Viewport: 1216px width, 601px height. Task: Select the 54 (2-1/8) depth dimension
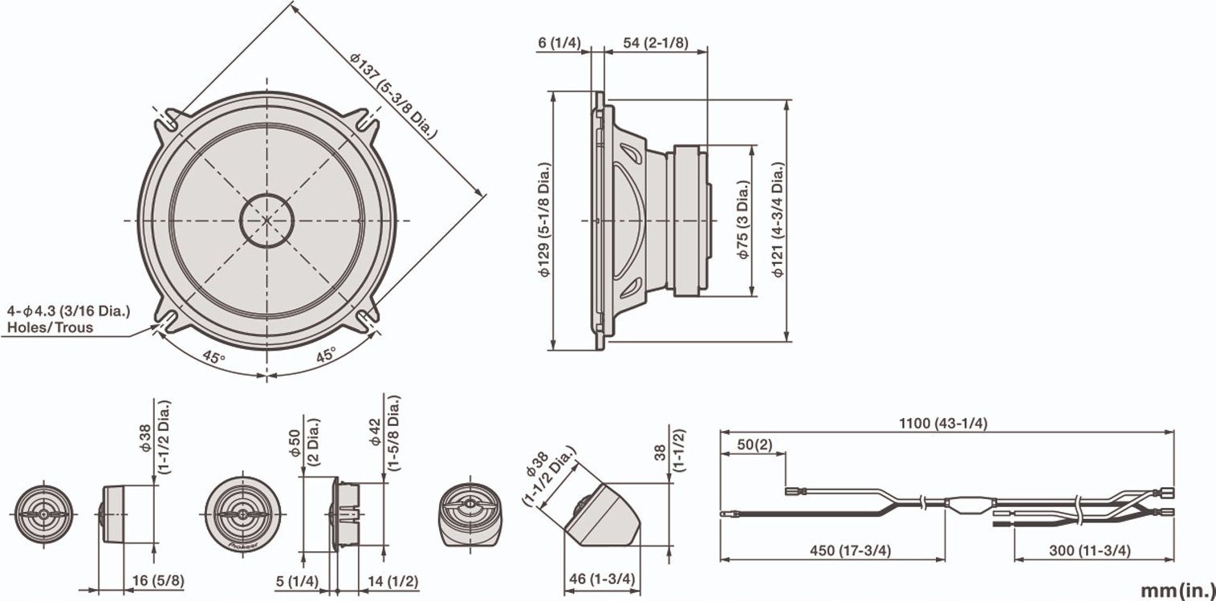tap(656, 43)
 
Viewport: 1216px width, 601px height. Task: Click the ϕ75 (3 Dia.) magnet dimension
tap(743, 221)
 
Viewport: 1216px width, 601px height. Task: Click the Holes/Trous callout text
tap(50, 327)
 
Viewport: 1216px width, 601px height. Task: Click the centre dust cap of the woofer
tap(267, 219)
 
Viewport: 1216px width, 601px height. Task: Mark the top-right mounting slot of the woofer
tap(368, 120)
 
